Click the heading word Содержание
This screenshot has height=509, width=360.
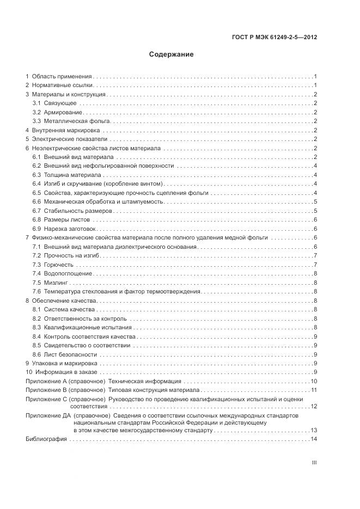coord(171,54)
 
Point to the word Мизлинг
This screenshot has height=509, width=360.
coord(56,282)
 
